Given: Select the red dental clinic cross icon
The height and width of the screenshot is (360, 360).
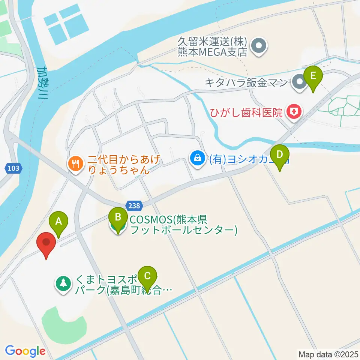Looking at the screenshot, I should click(x=293, y=111).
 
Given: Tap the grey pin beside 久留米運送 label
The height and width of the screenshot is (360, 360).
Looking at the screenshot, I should click(x=258, y=47).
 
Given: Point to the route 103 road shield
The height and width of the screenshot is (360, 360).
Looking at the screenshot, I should click(x=13, y=168).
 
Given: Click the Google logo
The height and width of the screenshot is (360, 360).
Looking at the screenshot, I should click(x=25, y=351).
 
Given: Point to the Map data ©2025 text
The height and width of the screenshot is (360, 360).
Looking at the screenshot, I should click(x=328, y=354).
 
